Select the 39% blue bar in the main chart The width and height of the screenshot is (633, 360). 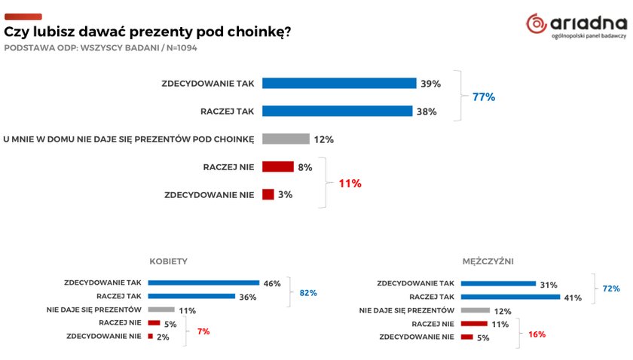pyautogui.click(x=339, y=83)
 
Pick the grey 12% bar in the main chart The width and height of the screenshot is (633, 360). pyautogui.click(x=286, y=139)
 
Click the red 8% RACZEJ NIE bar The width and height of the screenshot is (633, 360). pyautogui.click(x=277, y=166)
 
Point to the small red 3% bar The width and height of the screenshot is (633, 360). pyautogui.click(x=268, y=194)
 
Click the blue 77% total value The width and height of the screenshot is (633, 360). pyautogui.click(x=483, y=97)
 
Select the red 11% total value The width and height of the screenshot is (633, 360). pyautogui.click(x=349, y=182)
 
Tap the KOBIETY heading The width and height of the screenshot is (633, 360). pyautogui.click(x=169, y=261)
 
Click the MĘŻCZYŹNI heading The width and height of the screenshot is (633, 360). pyautogui.click(x=488, y=261)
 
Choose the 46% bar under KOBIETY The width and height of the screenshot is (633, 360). pyautogui.click(x=203, y=283)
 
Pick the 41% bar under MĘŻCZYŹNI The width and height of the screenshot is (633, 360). pyautogui.click(x=510, y=297)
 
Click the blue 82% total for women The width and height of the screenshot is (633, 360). pyautogui.click(x=307, y=292)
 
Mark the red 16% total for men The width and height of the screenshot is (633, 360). pyautogui.click(x=536, y=334)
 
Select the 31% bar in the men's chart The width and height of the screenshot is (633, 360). pyautogui.click(x=497, y=283)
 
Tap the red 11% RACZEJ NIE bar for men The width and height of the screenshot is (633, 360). pyautogui.click(x=473, y=323)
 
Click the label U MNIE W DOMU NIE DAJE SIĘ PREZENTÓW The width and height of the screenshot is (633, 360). pyautogui.click(x=128, y=139)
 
